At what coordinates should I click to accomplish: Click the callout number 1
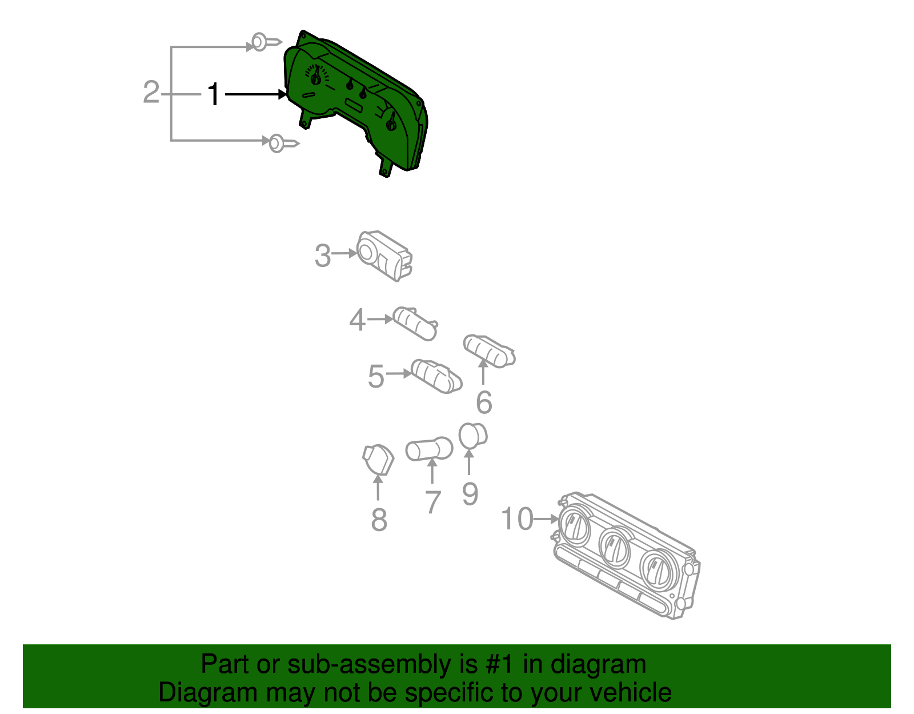pyautogui.click(x=214, y=94)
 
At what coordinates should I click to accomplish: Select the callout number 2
pyautogui.click(x=151, y=92)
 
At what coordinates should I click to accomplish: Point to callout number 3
pyautogui.click(x=323, y=256)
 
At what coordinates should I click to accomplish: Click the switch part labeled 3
pyautogui.click(x=384, y=256)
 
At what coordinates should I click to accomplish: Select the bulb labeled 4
pyautogui.click(x=416, y=323)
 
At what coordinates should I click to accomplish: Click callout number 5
pyautogui.click(x=376, y=376)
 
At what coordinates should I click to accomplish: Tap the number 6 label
pyautogui.click(x=484, y=402)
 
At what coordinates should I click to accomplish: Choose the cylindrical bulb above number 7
pyautogui.click(x=429, y=449)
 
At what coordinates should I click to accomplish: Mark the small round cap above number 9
pyautogui.click(x=472, y=436)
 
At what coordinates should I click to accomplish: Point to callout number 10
pyautogui.click(x=516, y=519)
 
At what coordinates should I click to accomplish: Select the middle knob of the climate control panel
pyautogui.click(x=615, y=547)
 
